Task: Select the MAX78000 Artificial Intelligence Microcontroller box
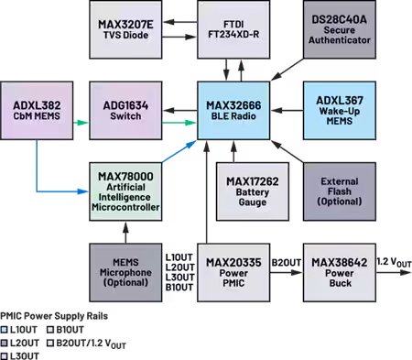pyautogui.click(x=123, y=187)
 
